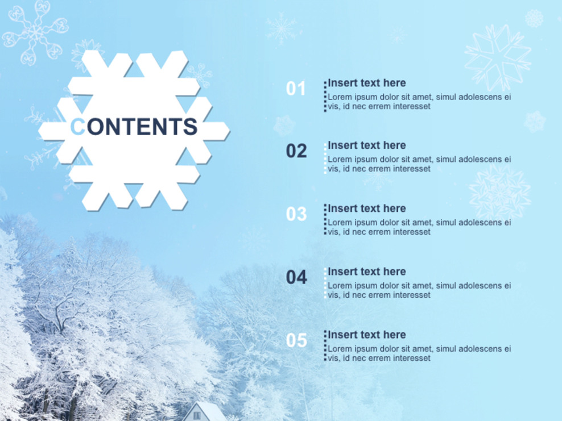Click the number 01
coord(296,89)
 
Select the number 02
coord(296,151)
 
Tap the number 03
coord(296,214)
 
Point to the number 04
coord(296,277)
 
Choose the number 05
coord(296,340)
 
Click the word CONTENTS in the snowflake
coord(134,127)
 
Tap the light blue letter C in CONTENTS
coord(77,127)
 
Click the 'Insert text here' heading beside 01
coord(367,83)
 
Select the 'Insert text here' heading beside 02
coord(367,145)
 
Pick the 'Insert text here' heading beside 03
coord(367,209)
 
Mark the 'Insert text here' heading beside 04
coord(367,272)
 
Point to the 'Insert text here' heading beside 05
coord(367,335)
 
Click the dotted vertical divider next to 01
coord(325,96)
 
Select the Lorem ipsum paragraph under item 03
coord(419,227)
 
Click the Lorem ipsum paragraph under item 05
coord(419,353)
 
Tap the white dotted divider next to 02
coord(325,159)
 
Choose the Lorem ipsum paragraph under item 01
coord(419,102)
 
